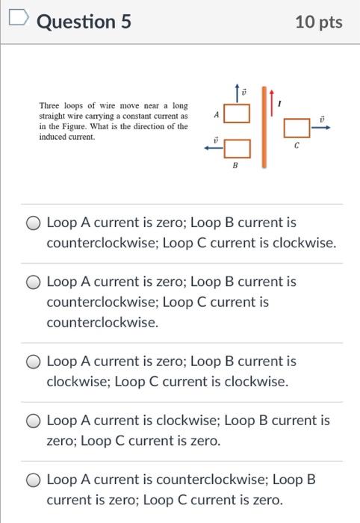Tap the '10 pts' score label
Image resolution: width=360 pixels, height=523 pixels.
coord(319,22)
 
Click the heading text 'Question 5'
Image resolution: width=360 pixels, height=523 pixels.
coord(84,22)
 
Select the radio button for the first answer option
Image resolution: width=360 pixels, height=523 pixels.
coord(34,223)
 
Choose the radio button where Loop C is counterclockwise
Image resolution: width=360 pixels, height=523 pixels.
coord(34,282)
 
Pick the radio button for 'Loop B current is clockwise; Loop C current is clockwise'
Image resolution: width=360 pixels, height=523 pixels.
coord(34,362)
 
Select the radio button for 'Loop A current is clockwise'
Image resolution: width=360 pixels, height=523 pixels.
coord(34,421)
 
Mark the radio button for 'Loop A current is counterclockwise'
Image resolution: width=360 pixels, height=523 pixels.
coord(34,480)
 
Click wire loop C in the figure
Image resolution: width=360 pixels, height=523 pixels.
coord(296,129)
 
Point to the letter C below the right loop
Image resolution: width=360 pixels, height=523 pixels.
coord(297,146)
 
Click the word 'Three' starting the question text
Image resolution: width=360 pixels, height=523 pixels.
coord(49,107)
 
